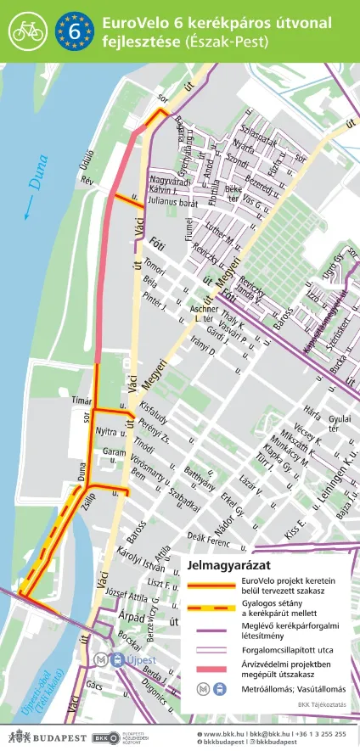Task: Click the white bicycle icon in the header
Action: point(28,31)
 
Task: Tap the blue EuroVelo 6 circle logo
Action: point(75,31)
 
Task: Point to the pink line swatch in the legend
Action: point(211,670)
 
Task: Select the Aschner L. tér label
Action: point(206,315)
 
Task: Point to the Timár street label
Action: point(81,399)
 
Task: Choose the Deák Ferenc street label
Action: point(208,541)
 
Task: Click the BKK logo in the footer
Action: point(105,737)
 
